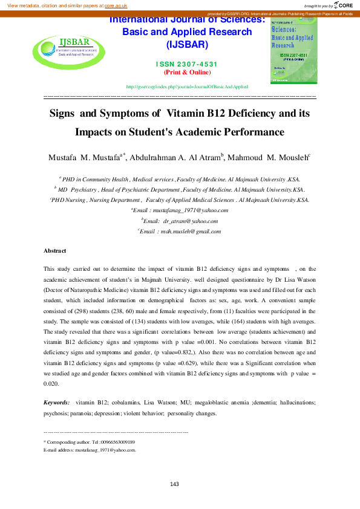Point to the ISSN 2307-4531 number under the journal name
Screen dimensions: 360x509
(x=187, y=64)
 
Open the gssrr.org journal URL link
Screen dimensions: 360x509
(x=187, y=87)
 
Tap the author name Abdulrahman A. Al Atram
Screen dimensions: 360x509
(x=175, y=158)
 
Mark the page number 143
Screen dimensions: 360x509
(x=175, y=484)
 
